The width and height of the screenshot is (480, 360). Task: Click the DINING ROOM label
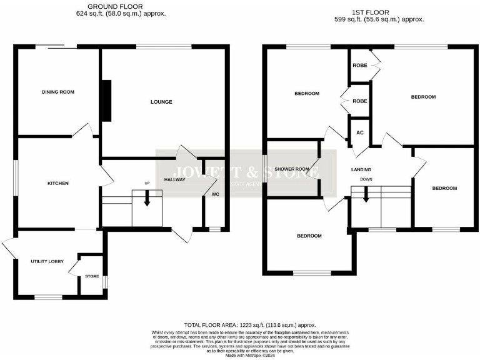pos(58,92)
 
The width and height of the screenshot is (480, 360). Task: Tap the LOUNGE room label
pos(161,101)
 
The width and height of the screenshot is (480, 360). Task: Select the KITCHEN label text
pos(58,183)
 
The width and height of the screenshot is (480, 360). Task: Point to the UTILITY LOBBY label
pos(44,261)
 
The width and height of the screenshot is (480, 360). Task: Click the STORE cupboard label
pos(92,276)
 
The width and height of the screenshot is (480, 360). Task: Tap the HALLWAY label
pos(175,179)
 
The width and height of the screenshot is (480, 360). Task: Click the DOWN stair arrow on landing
pos(366,195)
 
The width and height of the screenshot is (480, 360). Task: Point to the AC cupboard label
pos(359,132)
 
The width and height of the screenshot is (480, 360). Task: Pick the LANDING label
pos(361,169)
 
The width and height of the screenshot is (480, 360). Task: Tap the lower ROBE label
pos(359,101)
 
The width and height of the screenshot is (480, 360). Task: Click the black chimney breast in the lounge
pos(106,101)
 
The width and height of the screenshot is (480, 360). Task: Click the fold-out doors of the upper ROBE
pos(375,64)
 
